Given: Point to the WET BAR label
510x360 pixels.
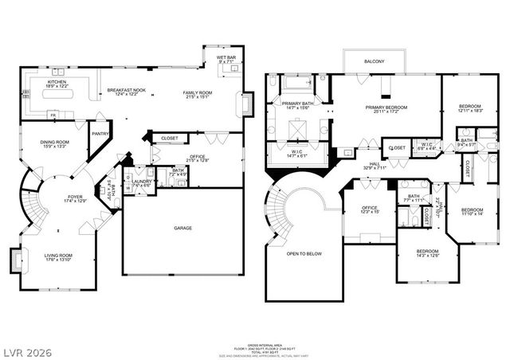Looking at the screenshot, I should pyautogui.click(x=226, y=58).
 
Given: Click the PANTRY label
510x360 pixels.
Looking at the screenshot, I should pyautogui.click(x=101, y=134).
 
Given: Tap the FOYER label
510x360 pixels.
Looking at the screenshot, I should pyautogui.click(x=73, y=198).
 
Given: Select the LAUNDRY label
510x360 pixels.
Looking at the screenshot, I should pyautogui.click(x=142, y=182).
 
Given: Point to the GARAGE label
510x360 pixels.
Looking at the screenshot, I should pyautogui.click(x=182, y=228).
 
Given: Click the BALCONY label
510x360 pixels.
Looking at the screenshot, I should pyautogui.click(x=375, y=61).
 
